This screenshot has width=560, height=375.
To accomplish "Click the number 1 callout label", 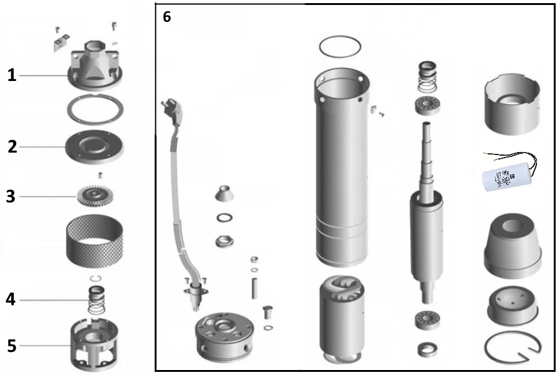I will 11,75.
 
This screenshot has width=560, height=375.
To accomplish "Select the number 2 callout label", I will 12,147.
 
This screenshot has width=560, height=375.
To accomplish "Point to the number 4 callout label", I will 11,300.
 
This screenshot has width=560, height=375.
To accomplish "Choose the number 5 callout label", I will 11,345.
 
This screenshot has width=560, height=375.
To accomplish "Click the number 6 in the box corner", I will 167,17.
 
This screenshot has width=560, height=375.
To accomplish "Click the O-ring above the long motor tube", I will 340,47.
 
